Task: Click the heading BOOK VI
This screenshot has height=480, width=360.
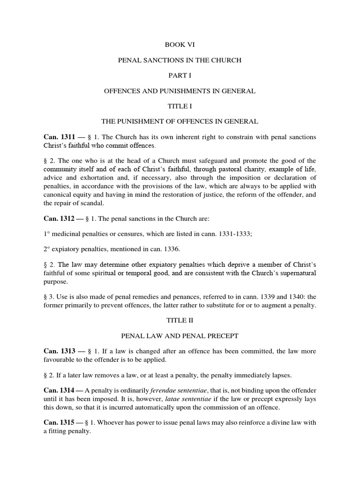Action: [x=180, y=45]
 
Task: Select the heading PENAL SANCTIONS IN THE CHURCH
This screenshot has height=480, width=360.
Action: [x=180, y=60]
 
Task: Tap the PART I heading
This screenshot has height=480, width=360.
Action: [x=180, y=75]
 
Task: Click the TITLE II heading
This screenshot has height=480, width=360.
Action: [x=180, y=321]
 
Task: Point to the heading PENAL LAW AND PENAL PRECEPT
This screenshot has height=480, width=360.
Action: [x=180, y=336]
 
